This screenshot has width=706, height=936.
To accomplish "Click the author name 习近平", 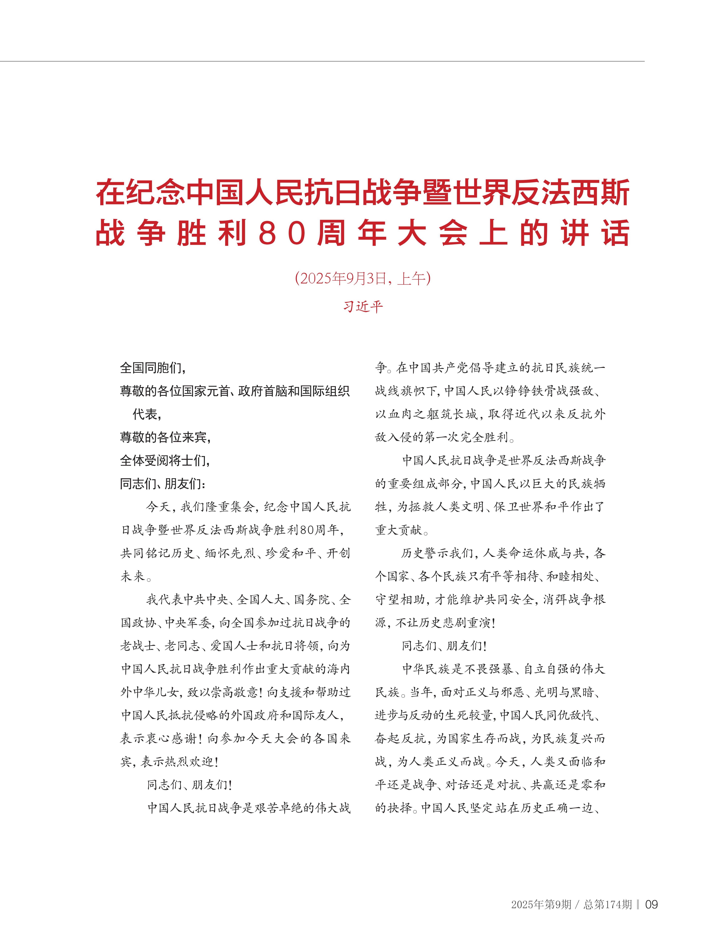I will [x=363, y=306].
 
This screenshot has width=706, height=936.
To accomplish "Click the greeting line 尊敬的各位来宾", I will [x=165, y=437].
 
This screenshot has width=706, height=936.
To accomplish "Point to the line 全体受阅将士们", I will [x=165, y=460].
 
